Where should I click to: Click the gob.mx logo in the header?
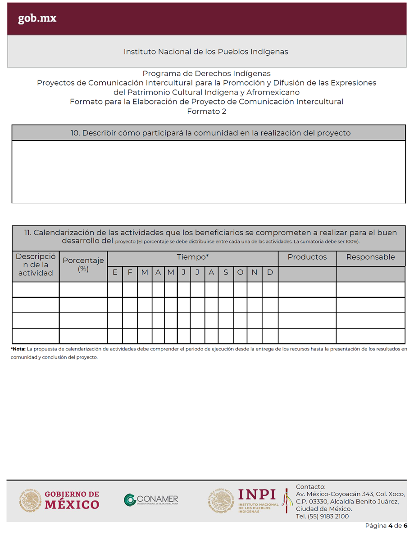click(x=37, y=19)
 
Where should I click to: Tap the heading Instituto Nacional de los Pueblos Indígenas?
click(x=206, y=52)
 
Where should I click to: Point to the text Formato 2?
click(x=206, y=112)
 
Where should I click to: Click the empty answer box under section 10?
click(x=208, y=172)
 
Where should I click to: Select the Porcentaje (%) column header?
click(x=83, y=265)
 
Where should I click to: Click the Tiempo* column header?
click(x=192, y=257)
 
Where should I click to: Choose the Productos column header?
click(x=307, y=257)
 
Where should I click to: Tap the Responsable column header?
click(x=370, y=257)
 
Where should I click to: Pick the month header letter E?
click(x=115, y=273)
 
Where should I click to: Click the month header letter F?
click(x=130, y=273)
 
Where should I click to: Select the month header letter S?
click(x=226, y=273)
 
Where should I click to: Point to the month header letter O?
click(x=240, y=273)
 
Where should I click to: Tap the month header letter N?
click(x=255, y=273)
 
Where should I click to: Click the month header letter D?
click(x=270, y=273)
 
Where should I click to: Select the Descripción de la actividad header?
click(x=36, y=265)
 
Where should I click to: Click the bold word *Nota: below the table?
click(x=18, y=349)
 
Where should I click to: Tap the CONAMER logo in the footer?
click(x=151, y=500)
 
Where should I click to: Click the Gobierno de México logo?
click(x=59, y=500)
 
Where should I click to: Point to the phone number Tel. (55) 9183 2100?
click(x=322, y=517)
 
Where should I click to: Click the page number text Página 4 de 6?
click(x=386, y=526)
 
